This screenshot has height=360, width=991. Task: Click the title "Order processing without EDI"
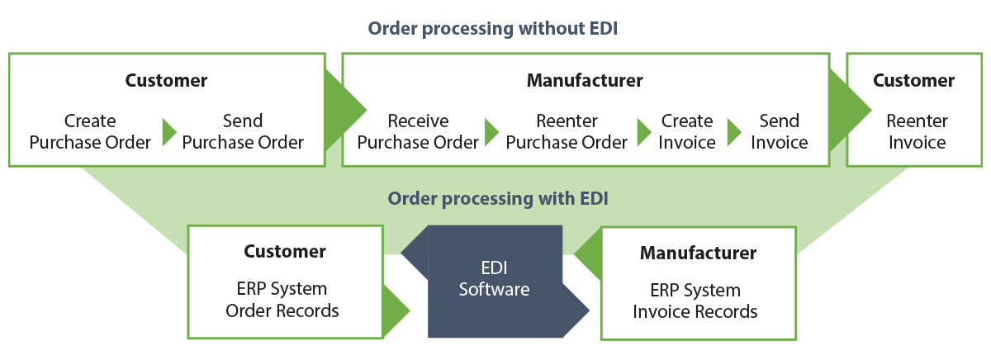tap(493, 29)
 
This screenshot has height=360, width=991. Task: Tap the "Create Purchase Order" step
tap(90, 132)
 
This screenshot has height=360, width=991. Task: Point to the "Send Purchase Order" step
tap(243, 132)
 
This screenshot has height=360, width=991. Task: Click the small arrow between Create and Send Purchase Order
tap(168, 132)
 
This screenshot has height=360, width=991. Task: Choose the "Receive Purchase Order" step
tap(418, 132)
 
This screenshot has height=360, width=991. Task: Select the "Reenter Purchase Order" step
tap(567, 132)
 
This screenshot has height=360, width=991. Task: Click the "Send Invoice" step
tap(779, 132)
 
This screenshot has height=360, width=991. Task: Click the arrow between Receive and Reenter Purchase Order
tap(491, 132)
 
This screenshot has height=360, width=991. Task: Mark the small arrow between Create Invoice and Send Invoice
tap(734, 132)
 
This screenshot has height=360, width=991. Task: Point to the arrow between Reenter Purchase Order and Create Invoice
tap(644, 132)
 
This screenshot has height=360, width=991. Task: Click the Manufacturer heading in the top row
tap(584, 81)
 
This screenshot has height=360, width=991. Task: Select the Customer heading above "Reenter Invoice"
tap(913, 81)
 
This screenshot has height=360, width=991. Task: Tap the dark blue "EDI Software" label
tap(494, 279)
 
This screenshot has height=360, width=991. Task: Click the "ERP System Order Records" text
tap(285, 300)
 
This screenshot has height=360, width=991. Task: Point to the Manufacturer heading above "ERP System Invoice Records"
tap(698, 253)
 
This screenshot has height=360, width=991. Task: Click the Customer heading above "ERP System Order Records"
tap(285, 251)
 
